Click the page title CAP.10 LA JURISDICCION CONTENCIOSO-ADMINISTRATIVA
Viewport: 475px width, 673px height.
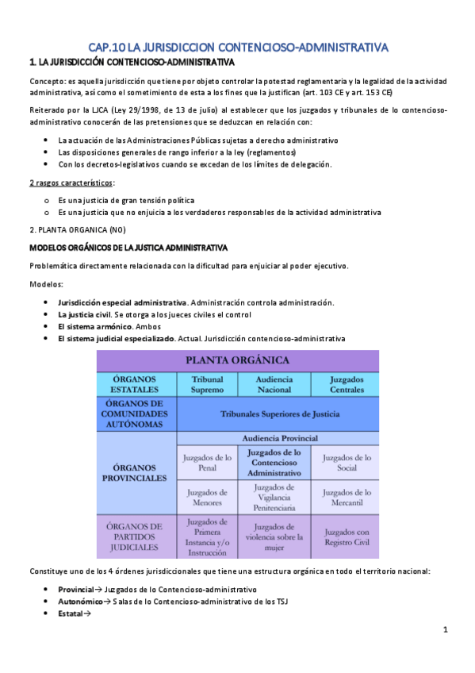click(238, 48)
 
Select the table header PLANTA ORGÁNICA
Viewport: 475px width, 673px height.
click(237, 360)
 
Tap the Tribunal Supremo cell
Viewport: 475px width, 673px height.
click(207, 384)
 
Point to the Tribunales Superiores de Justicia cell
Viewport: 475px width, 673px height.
click(274, 413)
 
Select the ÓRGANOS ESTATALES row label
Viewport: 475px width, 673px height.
click(136, 384)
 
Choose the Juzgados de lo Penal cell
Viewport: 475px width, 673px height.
click(207, 462)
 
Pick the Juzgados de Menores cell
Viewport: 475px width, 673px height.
click(207, 498)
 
